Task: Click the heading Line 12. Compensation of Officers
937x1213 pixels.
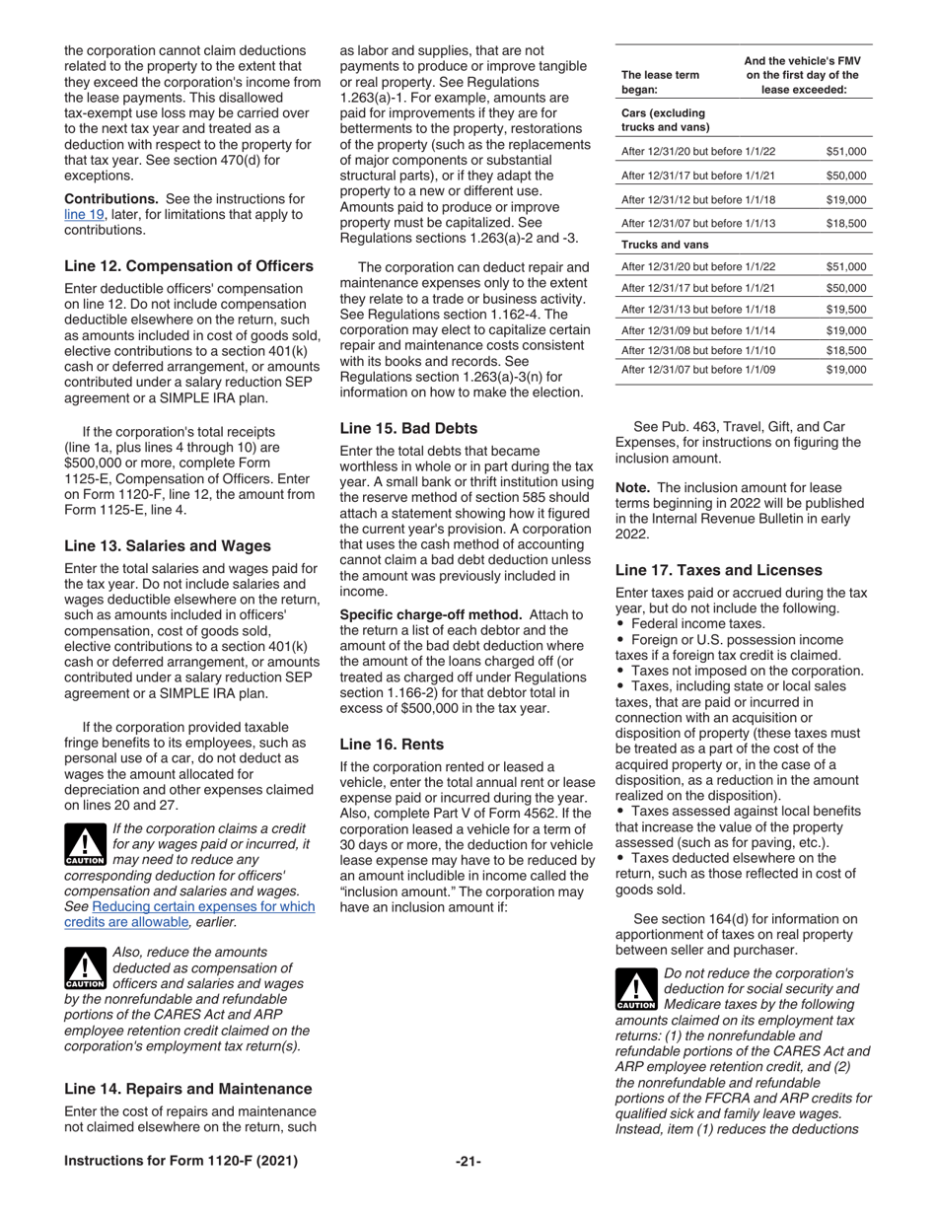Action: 188,265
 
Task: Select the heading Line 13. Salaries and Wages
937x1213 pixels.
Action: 167,545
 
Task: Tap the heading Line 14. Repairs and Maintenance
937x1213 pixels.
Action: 188,1089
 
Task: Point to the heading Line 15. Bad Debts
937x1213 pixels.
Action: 408,428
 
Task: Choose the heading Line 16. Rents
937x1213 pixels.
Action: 392,744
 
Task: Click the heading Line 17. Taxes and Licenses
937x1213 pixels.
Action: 718,569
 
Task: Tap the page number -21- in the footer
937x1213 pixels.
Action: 468,1161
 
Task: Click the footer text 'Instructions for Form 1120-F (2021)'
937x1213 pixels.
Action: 180,1161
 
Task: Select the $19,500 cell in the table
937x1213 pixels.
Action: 845,309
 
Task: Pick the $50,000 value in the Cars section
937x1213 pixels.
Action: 845,176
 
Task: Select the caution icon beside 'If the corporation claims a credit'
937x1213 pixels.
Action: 85,846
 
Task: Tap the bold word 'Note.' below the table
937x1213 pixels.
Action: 633,487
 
